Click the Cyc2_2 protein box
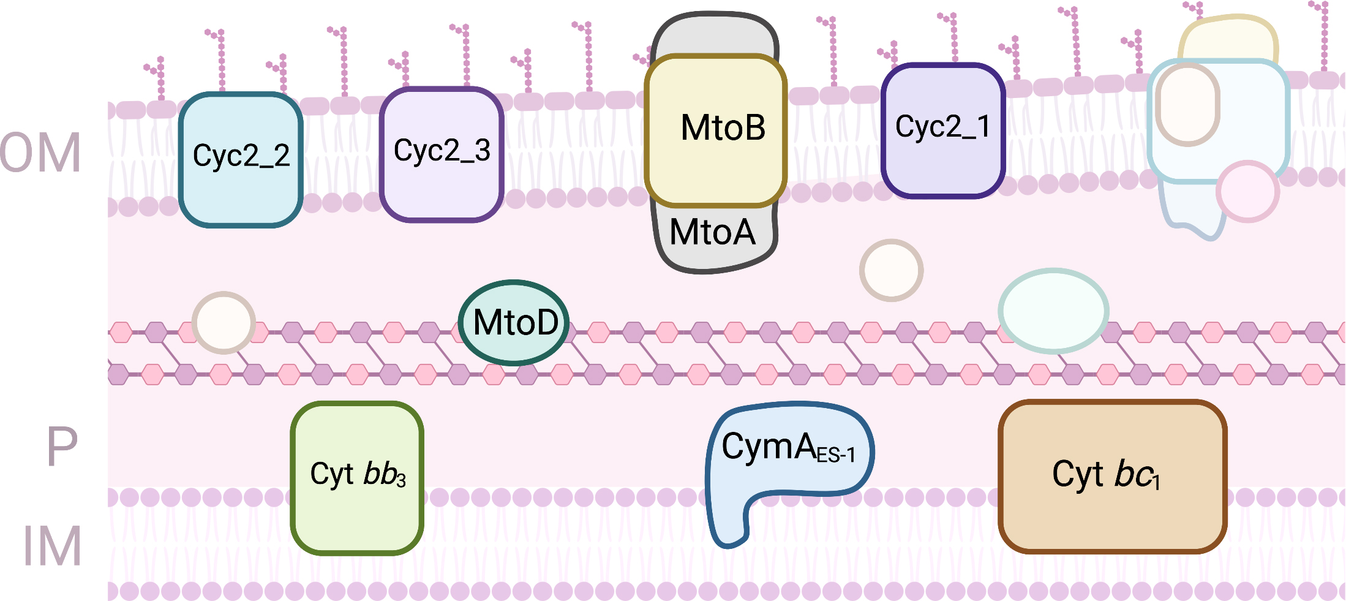(241, 159)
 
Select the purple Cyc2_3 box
(442, 154)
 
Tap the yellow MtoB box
(715, 130)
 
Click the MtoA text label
(712, 232)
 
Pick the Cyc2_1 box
(942, 130)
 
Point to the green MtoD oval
(514, 322)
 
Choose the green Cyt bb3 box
(357, 478)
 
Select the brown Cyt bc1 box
(1112, 477)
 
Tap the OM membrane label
(40, 153)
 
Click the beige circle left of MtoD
(224, 322)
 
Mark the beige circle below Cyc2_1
(891, 270)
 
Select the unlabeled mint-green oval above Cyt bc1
(1053, 311)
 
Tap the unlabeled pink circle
(1247, 191)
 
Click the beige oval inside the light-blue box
(1187, 104)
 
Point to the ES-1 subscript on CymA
(836, 455)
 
